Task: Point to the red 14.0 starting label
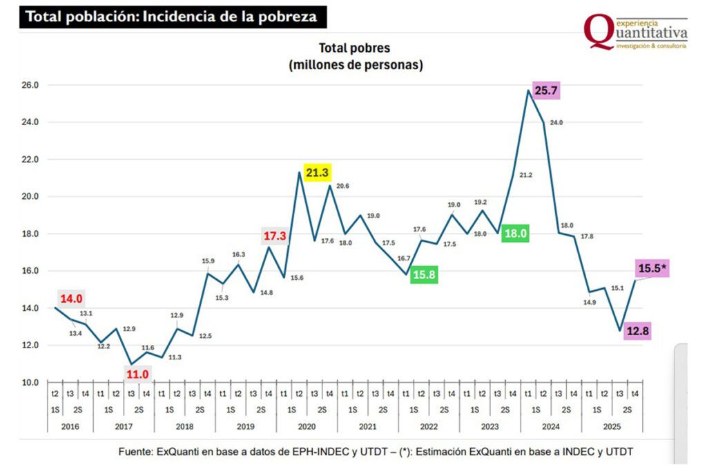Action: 70,299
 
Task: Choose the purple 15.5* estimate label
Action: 652,269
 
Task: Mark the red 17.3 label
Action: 275,236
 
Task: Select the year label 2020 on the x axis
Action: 307,426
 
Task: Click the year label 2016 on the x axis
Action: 70,426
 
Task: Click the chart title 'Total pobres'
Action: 354,48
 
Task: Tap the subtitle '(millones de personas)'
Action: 355,65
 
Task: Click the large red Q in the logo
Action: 598,32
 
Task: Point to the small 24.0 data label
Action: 556,122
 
